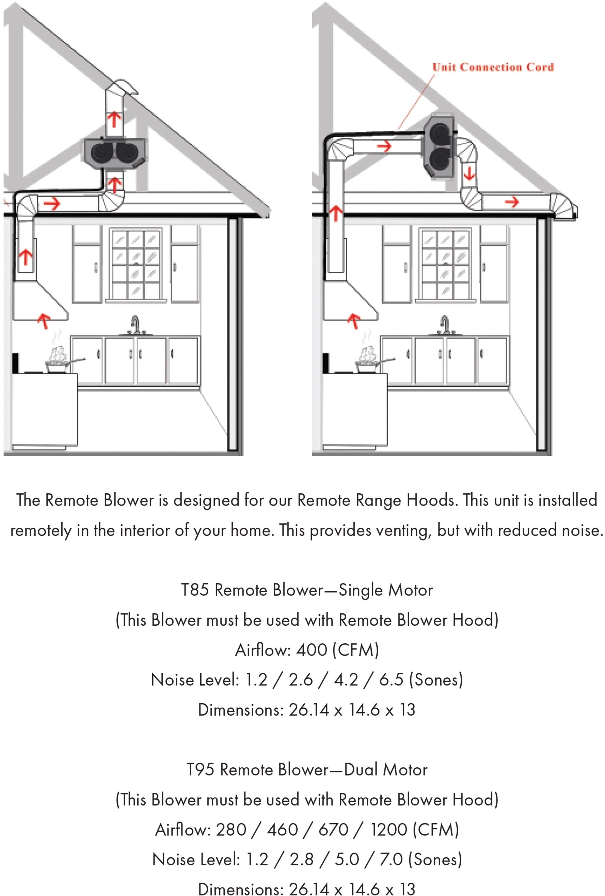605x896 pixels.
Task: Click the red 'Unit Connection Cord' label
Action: tap(492, 67)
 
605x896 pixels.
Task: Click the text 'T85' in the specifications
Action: tap(195, 590)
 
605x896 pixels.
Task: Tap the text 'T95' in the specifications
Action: tap(200, 770)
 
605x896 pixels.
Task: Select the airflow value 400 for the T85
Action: tap(312, 650)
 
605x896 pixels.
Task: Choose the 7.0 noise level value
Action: tap(391, 859)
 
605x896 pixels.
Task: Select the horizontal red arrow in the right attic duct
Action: tap(384, 146)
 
